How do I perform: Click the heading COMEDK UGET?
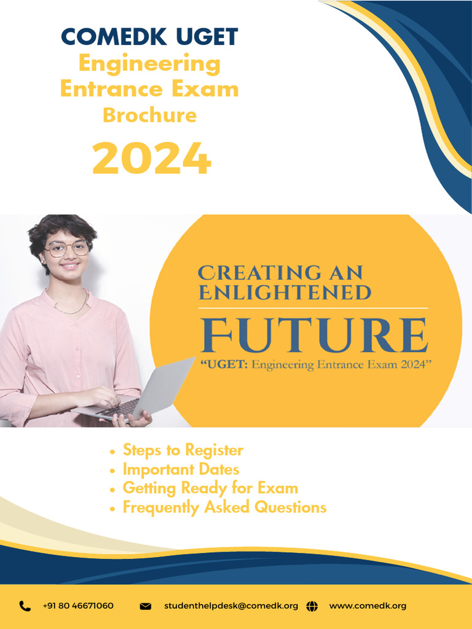(x=149, y=37)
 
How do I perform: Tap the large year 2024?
(x=151, y=158)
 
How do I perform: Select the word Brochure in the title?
(x=149, y=115)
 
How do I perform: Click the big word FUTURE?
(x=314, y=335)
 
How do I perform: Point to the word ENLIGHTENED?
(x=285, y=292)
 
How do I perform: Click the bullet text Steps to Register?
(x=183, y=450)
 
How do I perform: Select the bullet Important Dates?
(x=181, y=469)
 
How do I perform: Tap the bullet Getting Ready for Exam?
(x=210, y=488)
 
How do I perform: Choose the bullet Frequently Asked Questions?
(x=224, y=507)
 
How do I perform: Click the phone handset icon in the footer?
(x=25, y=606)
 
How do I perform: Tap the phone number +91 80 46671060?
(x=78, y=606)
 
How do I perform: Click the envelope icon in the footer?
(x=146, y=606)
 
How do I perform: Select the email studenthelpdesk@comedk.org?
(x=231, y=606)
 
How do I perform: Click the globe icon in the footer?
(x=312, y=606)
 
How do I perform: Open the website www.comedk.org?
(x=368, y=606)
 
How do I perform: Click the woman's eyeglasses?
(x=67, y=248)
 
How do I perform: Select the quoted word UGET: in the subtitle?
(x=222, y=365)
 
